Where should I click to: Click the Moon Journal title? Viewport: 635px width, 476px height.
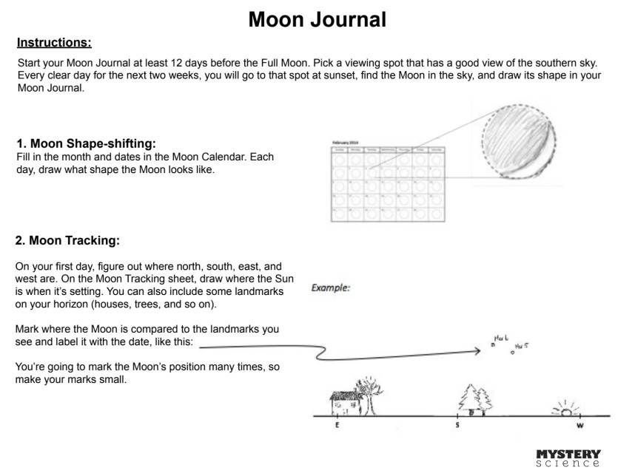tap(317, 19)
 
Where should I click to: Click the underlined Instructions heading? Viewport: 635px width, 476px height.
tap(54, 42)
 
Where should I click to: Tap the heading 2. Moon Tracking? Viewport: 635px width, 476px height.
tap(68, 240)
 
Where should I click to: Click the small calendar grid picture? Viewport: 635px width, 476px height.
tap(386, 183)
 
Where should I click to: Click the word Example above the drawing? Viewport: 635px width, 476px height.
tap(331, 288)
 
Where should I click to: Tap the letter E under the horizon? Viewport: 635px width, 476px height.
tap(337, 426)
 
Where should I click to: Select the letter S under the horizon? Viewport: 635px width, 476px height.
tap(457, 426)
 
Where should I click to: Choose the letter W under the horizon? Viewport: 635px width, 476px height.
tap(579, 426)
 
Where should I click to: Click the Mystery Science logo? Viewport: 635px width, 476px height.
tap(568, 458)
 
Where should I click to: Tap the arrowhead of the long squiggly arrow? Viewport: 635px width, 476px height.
tap(477, 352)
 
